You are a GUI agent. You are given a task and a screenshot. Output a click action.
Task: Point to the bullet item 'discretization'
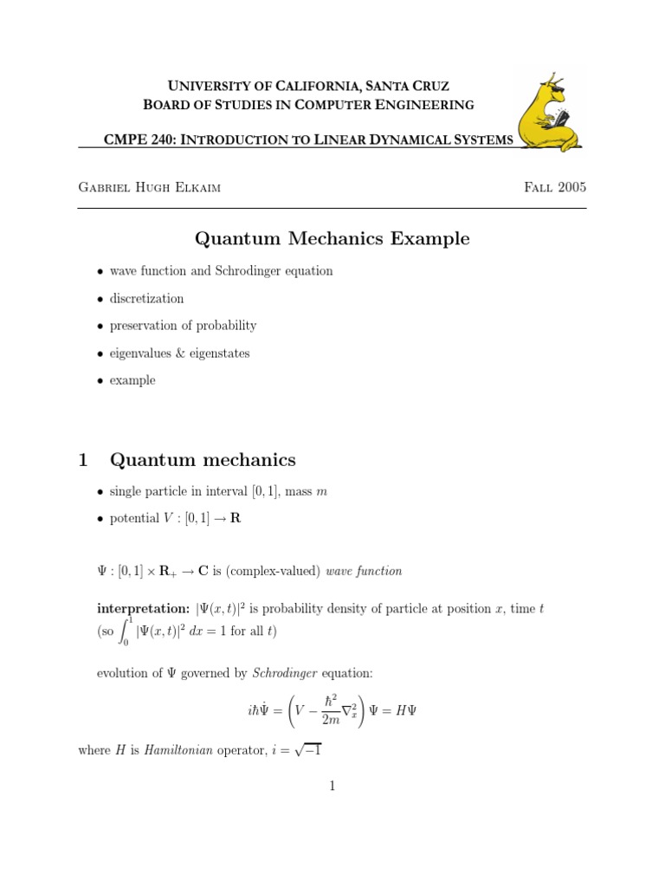click(146, 298)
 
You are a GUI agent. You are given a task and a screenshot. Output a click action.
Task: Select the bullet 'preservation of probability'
click(183, 326)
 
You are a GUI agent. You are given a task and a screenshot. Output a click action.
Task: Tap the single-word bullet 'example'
click(132, 380)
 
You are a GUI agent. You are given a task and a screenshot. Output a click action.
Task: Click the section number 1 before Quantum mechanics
click(83, 460)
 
